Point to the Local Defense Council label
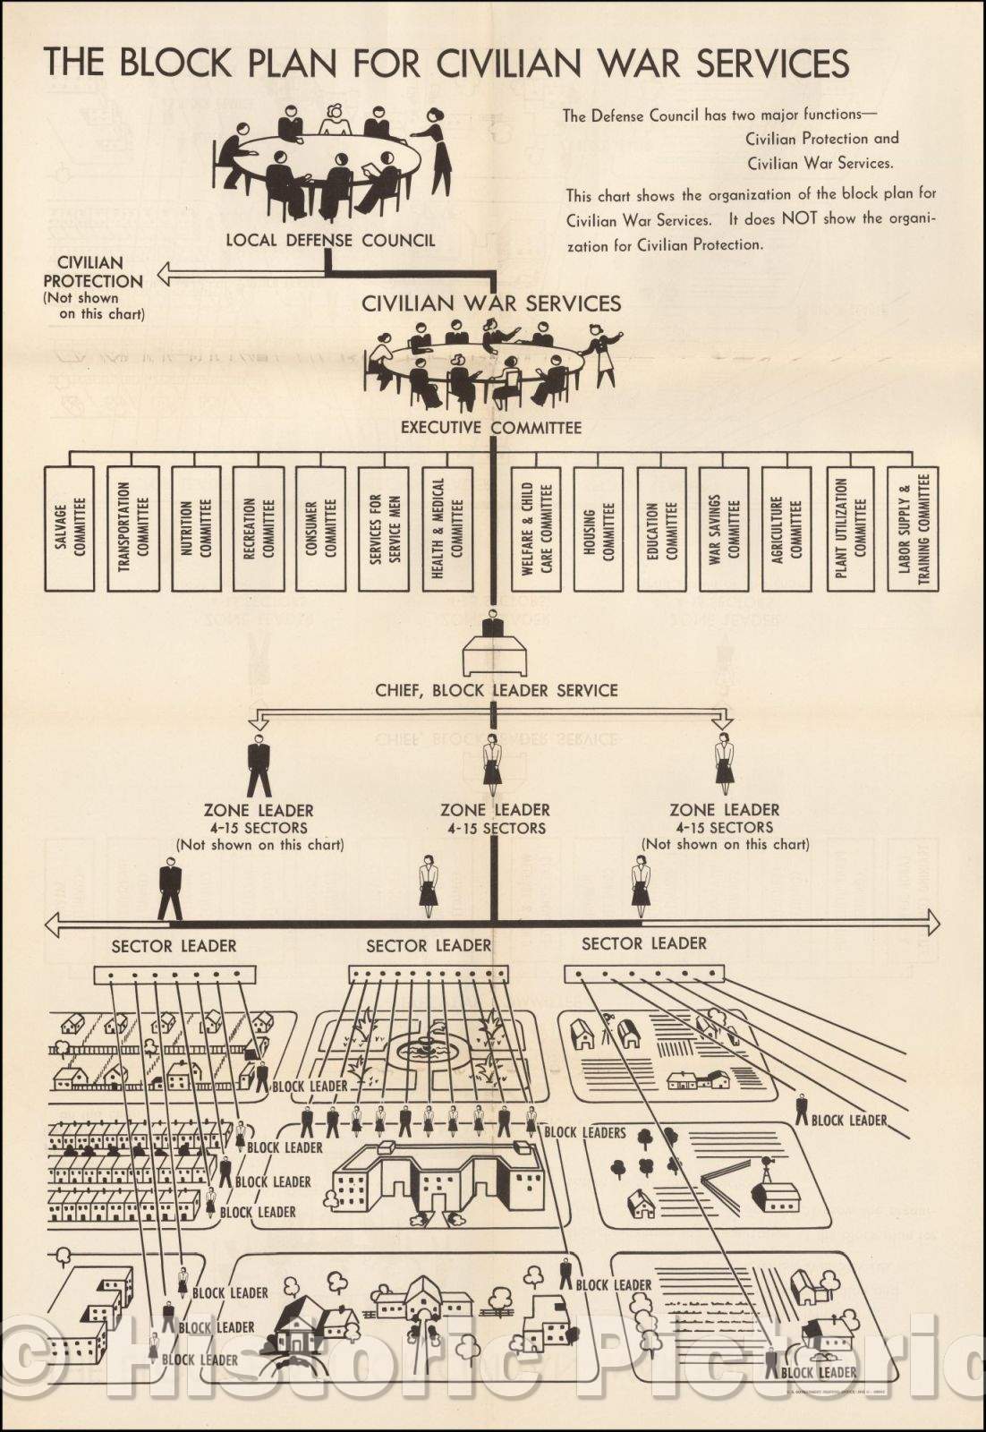[x=330, y=240]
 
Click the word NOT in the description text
[x=800, y=217]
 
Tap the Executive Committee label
[x=490, y=428]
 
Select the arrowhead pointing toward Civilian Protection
[x=164, y=274]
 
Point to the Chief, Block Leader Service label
[x=496, y=690]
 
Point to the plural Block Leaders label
[x=585, y=1132]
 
